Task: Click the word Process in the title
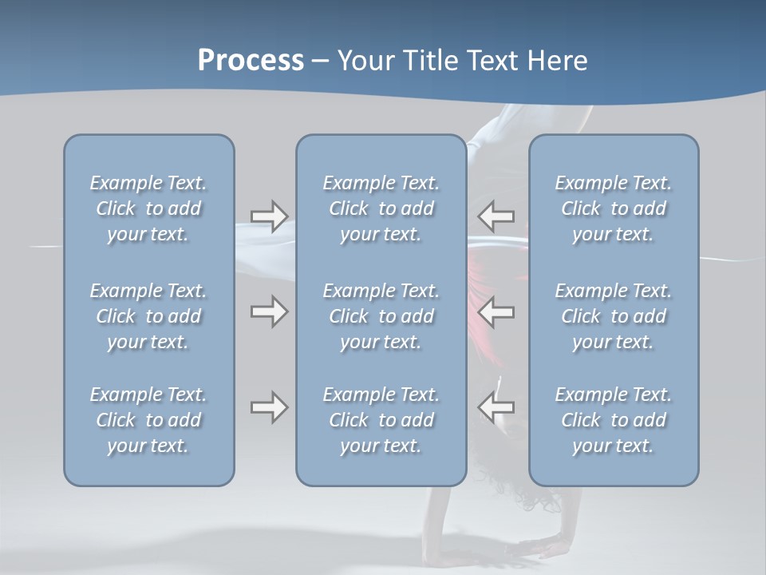click(x=251, y=61)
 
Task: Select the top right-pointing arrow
click(x=269, y=216)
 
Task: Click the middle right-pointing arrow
click(x=269, y=311)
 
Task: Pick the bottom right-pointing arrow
click(x=269, y=407)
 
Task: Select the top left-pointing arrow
click(x=496, y=216)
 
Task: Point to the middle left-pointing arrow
click(x=496, y=311)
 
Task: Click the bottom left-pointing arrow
click(x=496, y=407)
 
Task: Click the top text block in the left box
click(x=148, y=208)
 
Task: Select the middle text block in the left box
click(x=148, y=316)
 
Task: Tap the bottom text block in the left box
click(x=148, y=420)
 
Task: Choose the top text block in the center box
click(x=381, y=208)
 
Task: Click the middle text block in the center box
click(x=381, y=316)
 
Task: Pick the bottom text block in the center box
click(x=381, y=420)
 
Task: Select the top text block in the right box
click(x=613, y=208)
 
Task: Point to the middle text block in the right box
click(x=613, y=316)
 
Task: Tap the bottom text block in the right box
click(x=613, y=420)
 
